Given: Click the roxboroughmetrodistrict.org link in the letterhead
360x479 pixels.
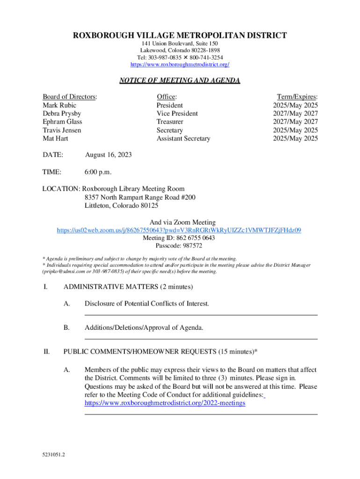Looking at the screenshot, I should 180,65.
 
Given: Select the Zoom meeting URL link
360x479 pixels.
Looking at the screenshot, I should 179,230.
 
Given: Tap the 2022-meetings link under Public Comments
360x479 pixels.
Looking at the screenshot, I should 165,403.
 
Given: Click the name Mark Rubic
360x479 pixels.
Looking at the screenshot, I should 59,105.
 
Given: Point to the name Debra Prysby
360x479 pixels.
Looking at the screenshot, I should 62,114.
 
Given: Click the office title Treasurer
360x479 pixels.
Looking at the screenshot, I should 170,122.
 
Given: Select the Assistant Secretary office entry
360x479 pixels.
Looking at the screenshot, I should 183,138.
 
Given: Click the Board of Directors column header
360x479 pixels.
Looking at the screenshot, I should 70,97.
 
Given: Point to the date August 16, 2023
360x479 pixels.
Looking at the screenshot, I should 108,155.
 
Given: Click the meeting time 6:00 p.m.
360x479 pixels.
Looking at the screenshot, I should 98,172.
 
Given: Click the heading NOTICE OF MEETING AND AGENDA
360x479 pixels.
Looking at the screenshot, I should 180,81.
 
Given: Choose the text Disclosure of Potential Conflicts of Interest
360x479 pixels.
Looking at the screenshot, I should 147,304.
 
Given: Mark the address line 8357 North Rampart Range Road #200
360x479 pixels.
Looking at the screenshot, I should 140,197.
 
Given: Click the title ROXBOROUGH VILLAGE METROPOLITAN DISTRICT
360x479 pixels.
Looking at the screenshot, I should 180,36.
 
